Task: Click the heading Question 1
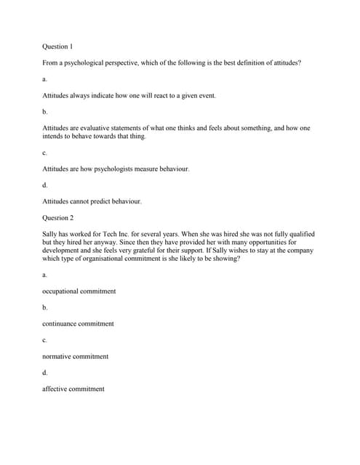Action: coord(57,46)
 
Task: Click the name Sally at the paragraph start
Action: coord(51,234)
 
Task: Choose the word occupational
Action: coord(62,291)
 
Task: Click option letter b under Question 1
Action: coord(45,112)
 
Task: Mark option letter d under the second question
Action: coord(45,373)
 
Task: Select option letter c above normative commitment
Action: coord(44,340)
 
